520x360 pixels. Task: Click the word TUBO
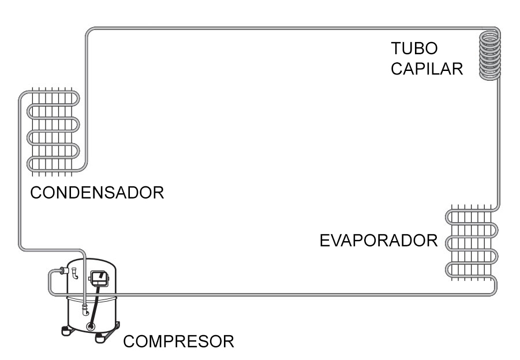[414, 48]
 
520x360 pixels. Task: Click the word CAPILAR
[427, 69]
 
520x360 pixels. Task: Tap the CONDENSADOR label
[97, 193]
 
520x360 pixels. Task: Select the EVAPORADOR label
[379, 241]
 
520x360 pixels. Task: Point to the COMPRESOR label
[178, 342]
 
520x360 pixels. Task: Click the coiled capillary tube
[490, 55]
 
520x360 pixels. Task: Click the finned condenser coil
[53, 132]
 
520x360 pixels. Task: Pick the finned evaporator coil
[472, 243]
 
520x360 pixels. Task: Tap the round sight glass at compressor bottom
[91, 327]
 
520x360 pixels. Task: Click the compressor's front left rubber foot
[66, 331]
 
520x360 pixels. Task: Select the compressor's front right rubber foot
[100, 338]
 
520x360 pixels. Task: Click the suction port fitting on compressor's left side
[64, 271]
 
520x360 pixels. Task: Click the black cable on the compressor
[94, 303]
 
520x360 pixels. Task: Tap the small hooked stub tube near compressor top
[75, 274]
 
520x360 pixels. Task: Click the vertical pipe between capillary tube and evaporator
[499, 142]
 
